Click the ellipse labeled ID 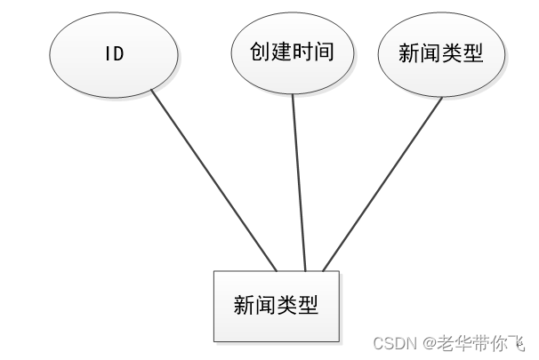(114, 54)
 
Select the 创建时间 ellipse (293, 52)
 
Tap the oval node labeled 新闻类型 (441, 54)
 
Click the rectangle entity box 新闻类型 (276, 306)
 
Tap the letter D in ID (119, 54)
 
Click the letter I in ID (109, 54)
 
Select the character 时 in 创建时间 (303, 52)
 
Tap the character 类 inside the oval (452, 54)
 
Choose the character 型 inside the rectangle (308, 306)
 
